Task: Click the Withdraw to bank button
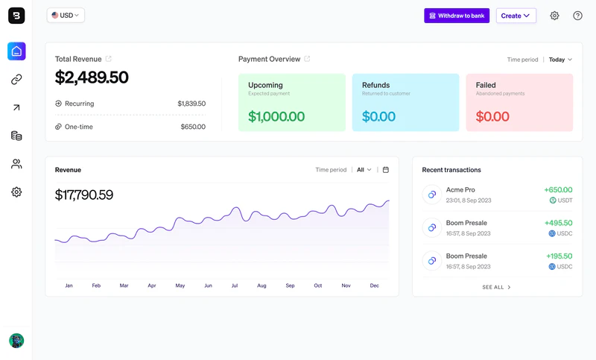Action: pos(457,16)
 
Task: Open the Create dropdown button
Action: pos(516,16)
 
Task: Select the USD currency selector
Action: pos(66,16)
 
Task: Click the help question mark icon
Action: pos(577,16)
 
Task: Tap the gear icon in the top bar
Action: pos(554,16)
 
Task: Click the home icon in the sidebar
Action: pos(16,51)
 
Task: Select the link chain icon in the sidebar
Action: pos(16,80)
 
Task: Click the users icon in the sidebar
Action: pos(16,164)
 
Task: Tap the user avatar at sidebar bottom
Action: pos(16,341)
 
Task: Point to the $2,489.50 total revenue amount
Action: pos(92,78)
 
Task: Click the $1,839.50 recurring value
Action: pos(191,104)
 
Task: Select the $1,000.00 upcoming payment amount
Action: pos(276,117)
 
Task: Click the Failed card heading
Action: pos(486,85)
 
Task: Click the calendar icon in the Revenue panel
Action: pos(385,170)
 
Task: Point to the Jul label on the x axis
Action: pos(234,285)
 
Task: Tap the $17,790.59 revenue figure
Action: pos(84,195)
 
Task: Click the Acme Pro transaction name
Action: pos(460,190)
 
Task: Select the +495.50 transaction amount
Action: pos(558,223)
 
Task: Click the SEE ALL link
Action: pos(496,287)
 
